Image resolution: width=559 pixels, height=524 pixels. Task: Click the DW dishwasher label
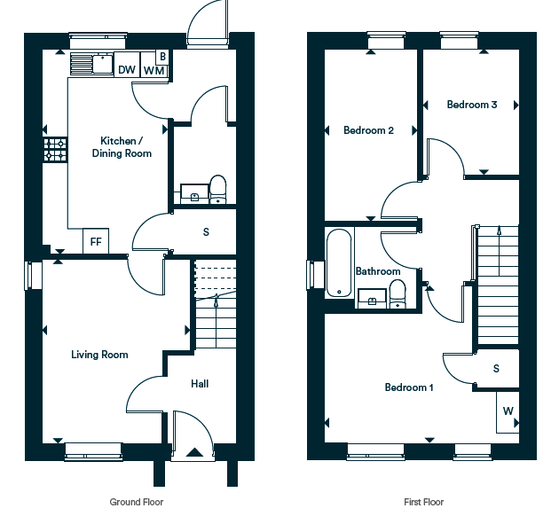pos(127,70)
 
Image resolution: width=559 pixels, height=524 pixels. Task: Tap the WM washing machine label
pos(154,71)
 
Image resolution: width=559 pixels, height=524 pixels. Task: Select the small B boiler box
pos(162,57)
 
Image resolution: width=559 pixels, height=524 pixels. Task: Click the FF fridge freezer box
pos(96,241)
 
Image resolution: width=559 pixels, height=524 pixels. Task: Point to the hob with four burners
pos(55,150)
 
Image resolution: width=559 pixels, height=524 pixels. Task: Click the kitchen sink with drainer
pos(91,64)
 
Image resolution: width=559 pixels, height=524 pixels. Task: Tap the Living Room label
pos(99,355)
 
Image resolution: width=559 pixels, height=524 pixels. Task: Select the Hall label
pos(200,384)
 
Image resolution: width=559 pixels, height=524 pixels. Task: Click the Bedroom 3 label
pos(472,105)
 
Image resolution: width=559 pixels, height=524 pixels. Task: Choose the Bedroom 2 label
pos(368,130)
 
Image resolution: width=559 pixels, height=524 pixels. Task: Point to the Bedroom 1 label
pos(409,387)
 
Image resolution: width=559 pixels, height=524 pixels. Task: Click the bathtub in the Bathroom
pos(339,263)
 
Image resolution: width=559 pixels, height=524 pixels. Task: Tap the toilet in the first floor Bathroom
pos(398,293)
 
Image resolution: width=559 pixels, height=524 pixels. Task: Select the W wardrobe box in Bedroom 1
pos(508,412)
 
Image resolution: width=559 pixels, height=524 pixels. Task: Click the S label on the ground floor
pos(206,232)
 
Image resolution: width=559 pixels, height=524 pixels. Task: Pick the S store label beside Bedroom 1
pos(496,368)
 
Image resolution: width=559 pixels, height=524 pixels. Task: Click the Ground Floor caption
pos(136,502)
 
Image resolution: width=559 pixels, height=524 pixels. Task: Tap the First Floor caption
pos(423,502)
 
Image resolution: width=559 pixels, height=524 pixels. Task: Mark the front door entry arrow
pos(194,452)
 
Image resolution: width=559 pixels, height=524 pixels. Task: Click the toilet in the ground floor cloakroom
pos(217,189)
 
